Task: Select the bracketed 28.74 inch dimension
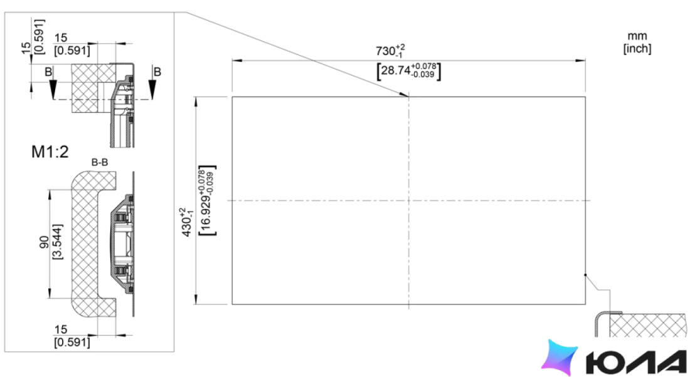(409, 71)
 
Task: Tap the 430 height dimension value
(188, 222)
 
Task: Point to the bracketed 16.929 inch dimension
(207, 200)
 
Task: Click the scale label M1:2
(50, 152)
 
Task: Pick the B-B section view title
(100, 163)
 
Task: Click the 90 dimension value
(45, 242)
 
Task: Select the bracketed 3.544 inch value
(58, 242)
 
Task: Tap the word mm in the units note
(637, 36)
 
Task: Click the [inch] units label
(637, 48)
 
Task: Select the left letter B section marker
(48, 71)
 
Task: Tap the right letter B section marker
(157, 71)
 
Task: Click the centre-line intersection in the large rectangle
(409, 201)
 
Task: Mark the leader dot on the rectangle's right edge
(585, 275)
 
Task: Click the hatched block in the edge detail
(647, 326)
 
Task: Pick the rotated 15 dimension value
(26, 48)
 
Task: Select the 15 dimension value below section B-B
(61, 329)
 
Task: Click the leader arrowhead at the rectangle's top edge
(405, 95)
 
